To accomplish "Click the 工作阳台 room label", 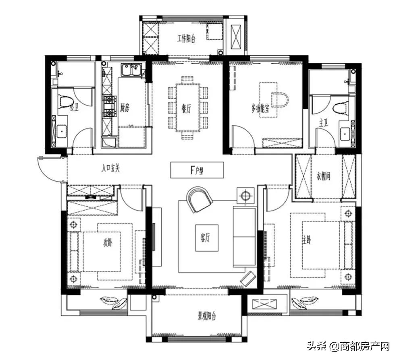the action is (186, 39).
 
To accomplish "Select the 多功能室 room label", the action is (260, 109).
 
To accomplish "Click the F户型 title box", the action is (197, 170).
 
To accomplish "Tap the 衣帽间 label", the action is (323, 176).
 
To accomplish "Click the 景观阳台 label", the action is (207, 316).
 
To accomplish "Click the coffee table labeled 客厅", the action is (207, 238).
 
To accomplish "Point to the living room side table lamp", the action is (245, 196).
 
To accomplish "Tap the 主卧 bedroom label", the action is (307, 240).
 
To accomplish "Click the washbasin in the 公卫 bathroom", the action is (62, 131).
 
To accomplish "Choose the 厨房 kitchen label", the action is (125, 108).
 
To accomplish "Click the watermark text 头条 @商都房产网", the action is (348, 346).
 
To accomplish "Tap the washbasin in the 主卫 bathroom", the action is (345, 133).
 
